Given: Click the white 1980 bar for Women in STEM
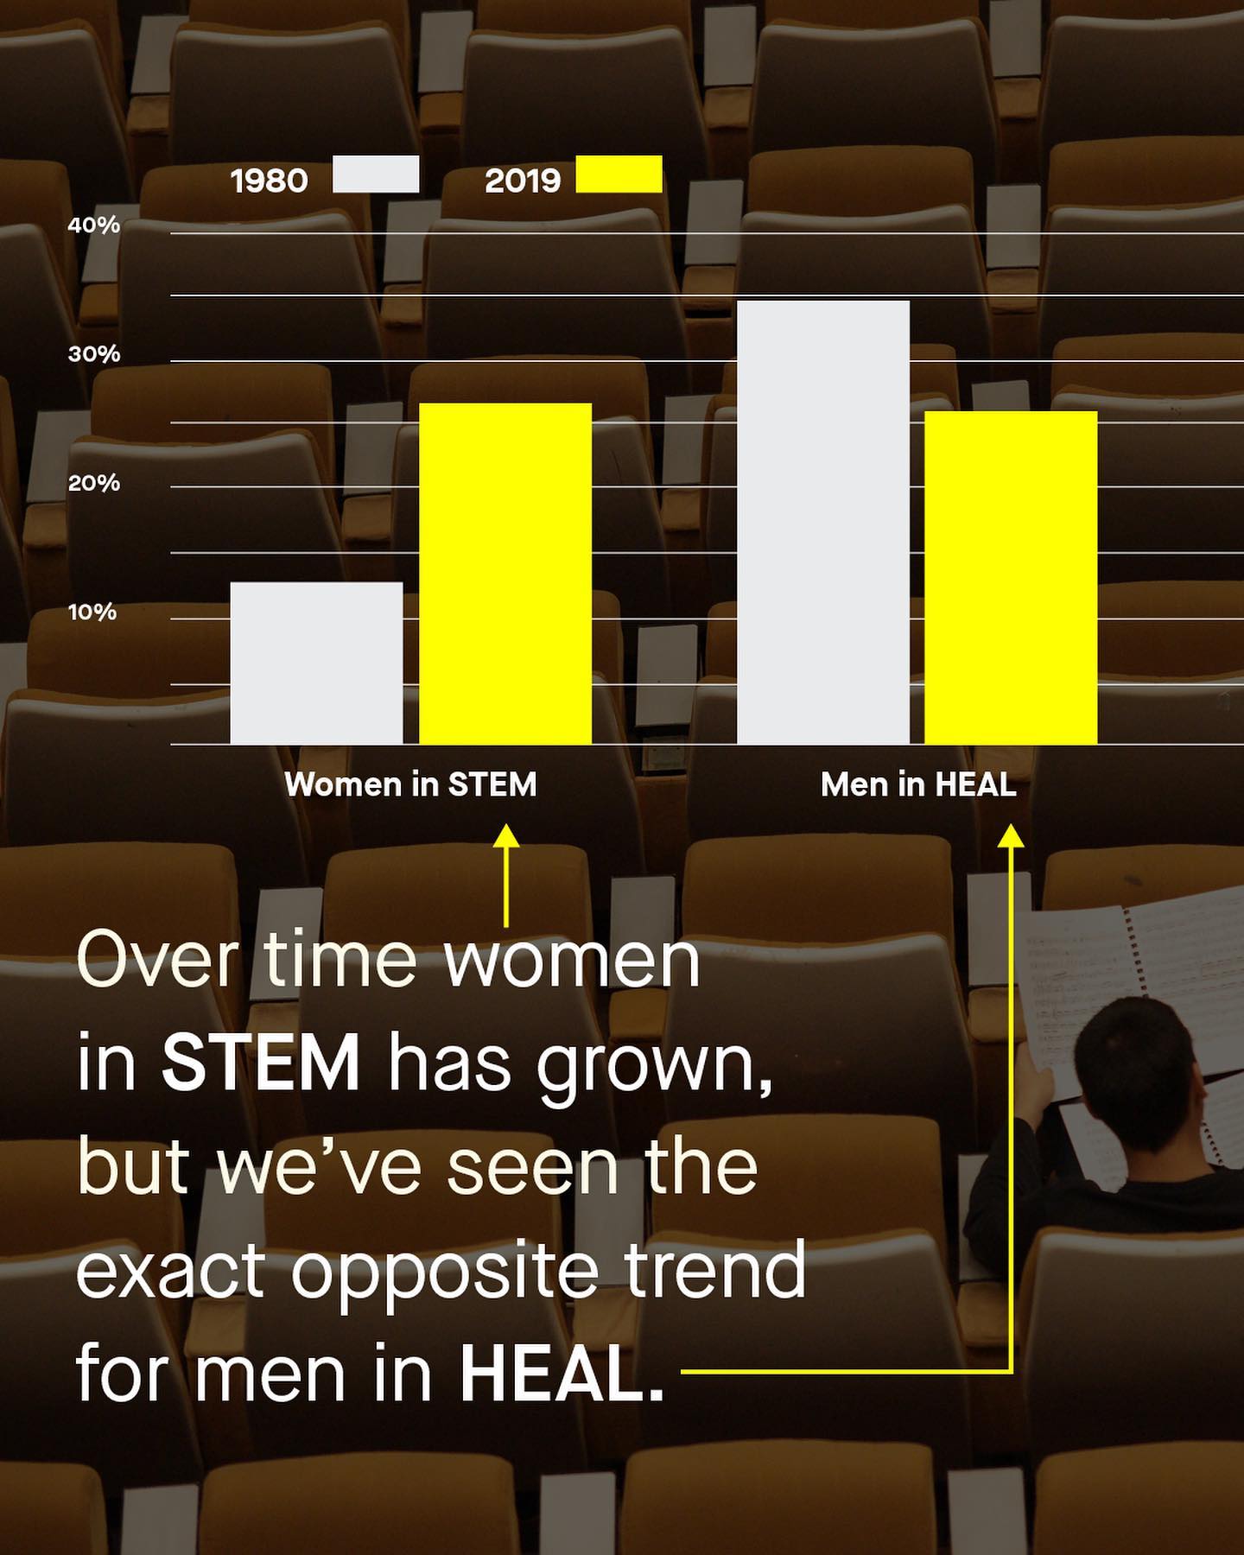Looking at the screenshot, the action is (x=316, y=663).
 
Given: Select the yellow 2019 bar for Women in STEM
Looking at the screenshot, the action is (x=505, y=574).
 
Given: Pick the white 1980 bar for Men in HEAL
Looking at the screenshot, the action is (x=823, y=523).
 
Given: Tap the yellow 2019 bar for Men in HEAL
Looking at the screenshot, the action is (x=1011, y=578).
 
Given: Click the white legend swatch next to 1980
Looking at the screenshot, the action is (x=376, y=175).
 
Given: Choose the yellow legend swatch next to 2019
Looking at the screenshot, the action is (x=619, y=175).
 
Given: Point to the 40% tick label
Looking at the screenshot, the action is (x=93, y=225).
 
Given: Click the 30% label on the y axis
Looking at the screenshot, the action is (x=93, y=354).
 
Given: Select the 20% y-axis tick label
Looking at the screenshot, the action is (x=93, y=483).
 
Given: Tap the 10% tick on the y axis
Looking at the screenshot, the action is (x=92, y=612).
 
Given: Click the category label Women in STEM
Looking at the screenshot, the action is (x=410, y=784).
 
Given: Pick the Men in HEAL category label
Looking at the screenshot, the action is (x=918, y=784).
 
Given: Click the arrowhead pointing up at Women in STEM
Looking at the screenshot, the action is (x=505, y=835).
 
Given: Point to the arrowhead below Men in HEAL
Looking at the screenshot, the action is (x=1011, y=835).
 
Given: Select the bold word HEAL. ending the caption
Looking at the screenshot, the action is (x=562, y=1374).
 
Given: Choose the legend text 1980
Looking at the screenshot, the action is (x=269, y=181).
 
